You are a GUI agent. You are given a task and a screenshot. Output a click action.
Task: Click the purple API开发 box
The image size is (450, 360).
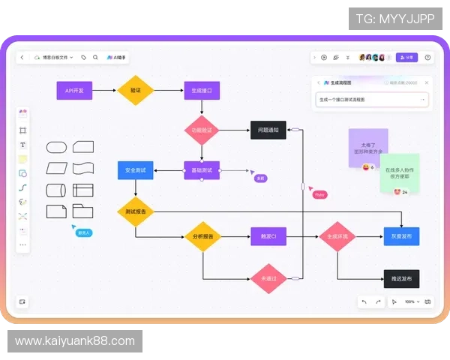tap(74, 91)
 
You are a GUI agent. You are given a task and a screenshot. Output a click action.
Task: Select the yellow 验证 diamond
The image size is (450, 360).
tap(136, 91)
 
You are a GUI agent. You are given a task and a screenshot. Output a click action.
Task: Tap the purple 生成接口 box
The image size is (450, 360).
tap(202, 91)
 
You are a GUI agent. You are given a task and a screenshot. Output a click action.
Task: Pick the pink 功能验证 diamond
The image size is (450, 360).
tap(202, 130)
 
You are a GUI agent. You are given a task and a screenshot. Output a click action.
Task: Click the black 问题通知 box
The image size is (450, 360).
tap(268, 130)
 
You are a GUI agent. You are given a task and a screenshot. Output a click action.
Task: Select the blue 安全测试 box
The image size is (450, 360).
tap(136, 170)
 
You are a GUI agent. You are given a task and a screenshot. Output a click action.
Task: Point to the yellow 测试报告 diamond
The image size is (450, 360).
tap(136, 211)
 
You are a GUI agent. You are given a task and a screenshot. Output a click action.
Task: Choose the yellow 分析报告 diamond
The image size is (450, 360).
tap(202, 237)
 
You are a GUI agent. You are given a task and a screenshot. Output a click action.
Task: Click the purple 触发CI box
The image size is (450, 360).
tap(268, 237)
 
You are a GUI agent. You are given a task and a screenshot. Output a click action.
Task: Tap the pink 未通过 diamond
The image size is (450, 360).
tap(268, 278)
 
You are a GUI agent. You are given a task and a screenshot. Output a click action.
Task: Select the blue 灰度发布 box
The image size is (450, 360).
tap(401, 237)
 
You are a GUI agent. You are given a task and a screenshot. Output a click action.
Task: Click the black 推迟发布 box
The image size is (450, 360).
tap(401, 278)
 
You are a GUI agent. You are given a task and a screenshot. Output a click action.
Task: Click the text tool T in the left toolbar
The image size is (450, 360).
tap(22, 145)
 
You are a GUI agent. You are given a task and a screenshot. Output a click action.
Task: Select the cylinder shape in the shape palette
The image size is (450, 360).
tap(57, 190)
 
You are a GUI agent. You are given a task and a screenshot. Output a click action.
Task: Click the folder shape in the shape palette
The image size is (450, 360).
tap(82, 211)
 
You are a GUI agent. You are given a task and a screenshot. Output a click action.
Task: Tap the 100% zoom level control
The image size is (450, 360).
tap(409, 301)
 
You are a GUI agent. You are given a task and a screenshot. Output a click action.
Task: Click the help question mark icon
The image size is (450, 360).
tap(427, 57)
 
